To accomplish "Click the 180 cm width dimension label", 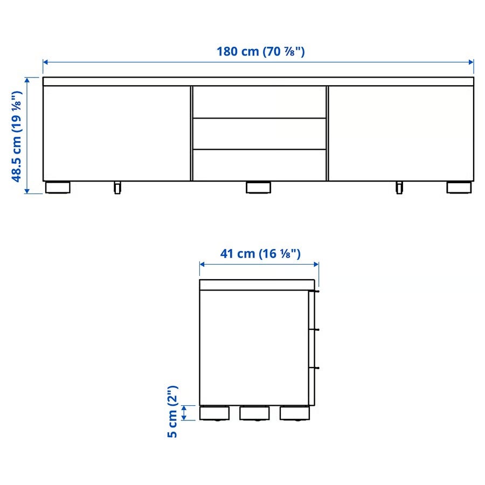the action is click(260, 51).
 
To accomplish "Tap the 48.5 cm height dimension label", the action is click(17, 136).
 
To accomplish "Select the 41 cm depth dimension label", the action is click(260, 254).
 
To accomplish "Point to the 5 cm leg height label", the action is click(172, 412).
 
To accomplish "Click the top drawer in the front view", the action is click(259, 102).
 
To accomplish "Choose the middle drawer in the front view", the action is click(259, 134).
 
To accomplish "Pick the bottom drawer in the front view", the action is click(259, 165).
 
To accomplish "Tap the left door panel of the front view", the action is click(116, 133).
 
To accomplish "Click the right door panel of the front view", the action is click(401, 133).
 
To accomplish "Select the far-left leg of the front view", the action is click(58, 188).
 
